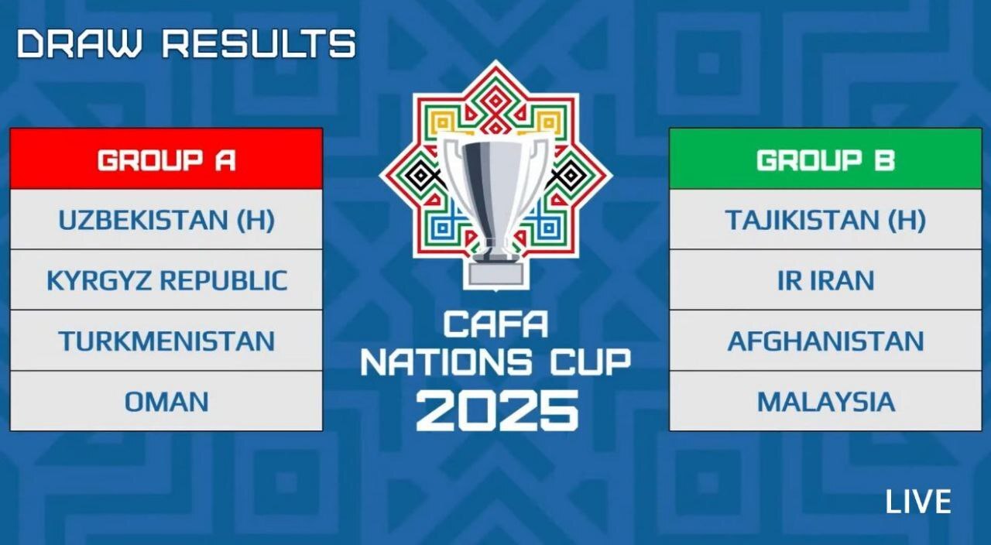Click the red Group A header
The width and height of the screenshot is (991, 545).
click(x=166, y=159)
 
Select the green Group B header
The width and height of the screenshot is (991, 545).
click(x=825, y=159)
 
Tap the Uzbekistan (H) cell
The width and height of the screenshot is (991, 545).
click(x=166, y=219)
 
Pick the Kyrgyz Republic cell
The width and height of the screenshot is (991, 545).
click(x=166, y=280)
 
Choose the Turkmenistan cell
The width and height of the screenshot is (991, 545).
click(x=166, y=341)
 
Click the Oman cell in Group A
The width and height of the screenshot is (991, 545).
click(x=166, y=401)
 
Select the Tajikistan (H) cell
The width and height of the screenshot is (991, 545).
click(x=825, y=219)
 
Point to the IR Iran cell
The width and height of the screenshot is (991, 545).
click(x=825, y=280)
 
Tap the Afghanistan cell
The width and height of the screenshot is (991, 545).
click(x=825, y=341)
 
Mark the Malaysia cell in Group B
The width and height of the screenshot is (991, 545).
click(x=825, y=401)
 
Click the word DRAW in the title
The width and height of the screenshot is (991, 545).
click(x=80, y=43)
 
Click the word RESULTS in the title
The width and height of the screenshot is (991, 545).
click(x=259, y=43)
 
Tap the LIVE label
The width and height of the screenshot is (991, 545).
click(x=918, y=502)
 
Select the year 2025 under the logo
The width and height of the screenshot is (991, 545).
click(x=497, y=411)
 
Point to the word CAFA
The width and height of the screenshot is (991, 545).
click(x=495, y=324)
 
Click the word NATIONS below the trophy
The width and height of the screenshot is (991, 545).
click(x=447, y=362)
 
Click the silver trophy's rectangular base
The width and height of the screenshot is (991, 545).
click(x=495, y=275)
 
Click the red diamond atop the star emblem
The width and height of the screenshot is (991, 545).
click(x=495, y=101)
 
